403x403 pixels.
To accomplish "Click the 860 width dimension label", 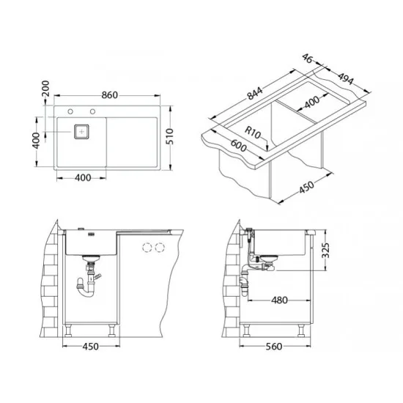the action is click(109, 95).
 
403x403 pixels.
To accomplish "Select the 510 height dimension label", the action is click(170, 136).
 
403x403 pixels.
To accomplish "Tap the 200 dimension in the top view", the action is click(45, 88).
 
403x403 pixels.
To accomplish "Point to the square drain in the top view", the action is click(81, 132).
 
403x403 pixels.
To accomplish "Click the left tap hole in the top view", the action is click(70, 111).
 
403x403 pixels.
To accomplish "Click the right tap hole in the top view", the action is click(92, 111).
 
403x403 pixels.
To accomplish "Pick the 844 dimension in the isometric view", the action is click(255, 93).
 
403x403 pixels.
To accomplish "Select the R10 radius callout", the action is click(252, 132).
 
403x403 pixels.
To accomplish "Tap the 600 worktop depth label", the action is click(238, 146).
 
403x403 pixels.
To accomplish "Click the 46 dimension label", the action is click(307, 59).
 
